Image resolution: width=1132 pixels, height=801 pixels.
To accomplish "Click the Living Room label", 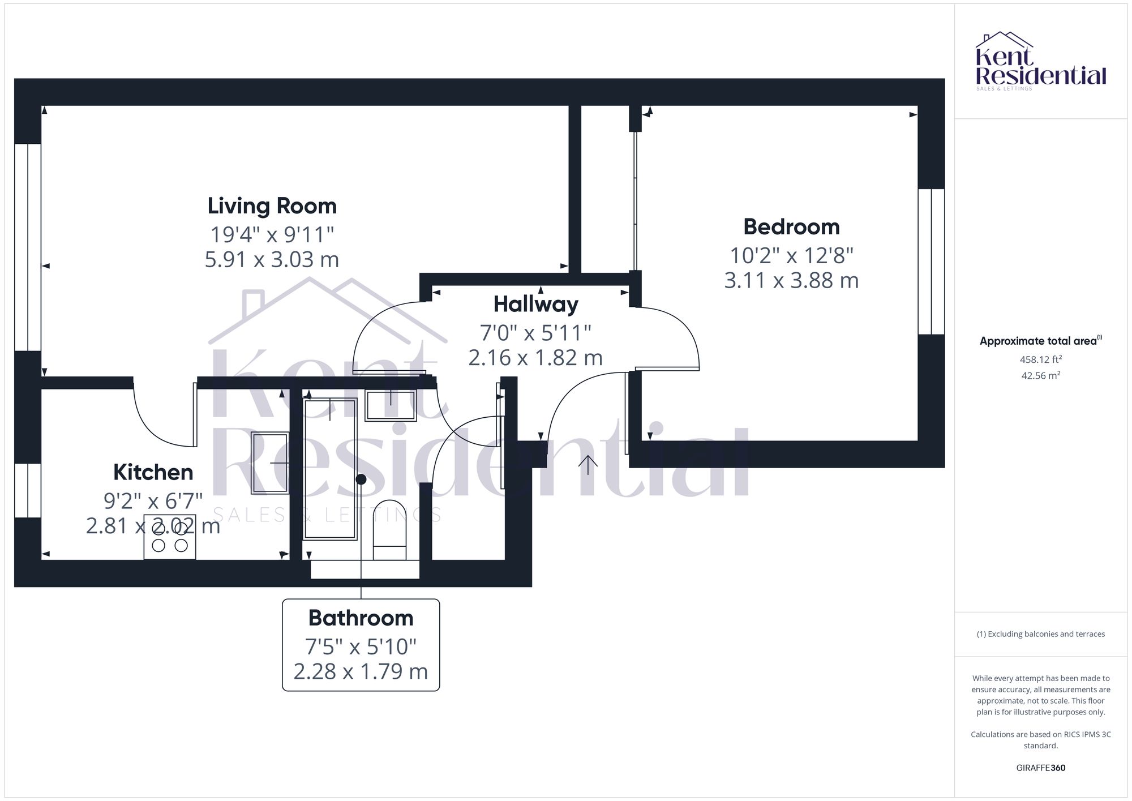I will [x=272, y=206].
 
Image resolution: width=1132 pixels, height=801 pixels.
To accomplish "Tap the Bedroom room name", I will [x=791, y=227].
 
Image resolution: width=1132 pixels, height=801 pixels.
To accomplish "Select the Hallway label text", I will [x=535, y=305].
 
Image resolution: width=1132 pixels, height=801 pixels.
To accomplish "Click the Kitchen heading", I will [x=153, y=472].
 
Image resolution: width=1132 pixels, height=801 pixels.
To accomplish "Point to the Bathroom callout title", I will [x=361, y=618].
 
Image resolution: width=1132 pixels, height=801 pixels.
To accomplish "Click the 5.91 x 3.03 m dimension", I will [x=272, y=259].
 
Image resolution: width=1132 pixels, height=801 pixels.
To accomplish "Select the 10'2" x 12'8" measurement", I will [x=791, y=256].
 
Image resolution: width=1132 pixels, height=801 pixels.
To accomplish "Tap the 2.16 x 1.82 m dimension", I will [x=535, y=358].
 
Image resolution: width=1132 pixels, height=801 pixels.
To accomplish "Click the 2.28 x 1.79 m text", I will [x=361, y=671].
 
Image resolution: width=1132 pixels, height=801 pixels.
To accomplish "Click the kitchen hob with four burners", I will [x=169, y=537].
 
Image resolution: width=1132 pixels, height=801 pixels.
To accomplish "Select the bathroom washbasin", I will [x=391, y=405].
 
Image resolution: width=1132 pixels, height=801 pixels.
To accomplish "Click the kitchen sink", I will [x=270, y=463].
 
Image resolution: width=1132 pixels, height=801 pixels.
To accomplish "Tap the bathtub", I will [x=330, y=469].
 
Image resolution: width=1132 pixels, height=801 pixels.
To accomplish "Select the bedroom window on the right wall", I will [x=931, y=262].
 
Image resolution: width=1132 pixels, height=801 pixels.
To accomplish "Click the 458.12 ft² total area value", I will [x=1040, y=359].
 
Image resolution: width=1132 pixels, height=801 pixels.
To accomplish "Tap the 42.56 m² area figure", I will [x=1040, y=375].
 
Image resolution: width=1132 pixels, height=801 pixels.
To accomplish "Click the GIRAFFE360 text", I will [x=1040, y=768].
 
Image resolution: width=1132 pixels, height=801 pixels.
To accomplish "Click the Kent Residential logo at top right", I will [x=1040, y=61].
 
